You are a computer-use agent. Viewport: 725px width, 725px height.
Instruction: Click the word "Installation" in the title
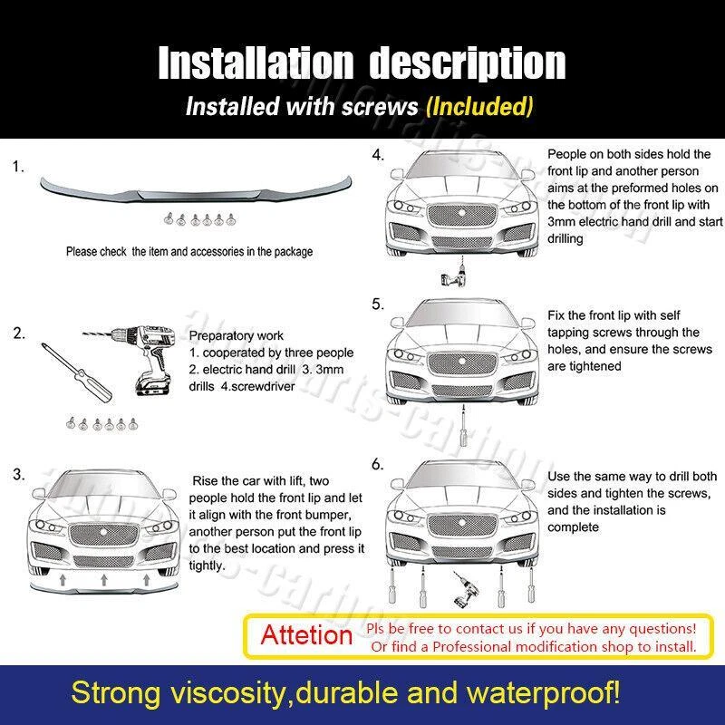[256, 63]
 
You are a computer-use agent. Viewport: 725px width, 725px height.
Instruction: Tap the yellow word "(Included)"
[479, 106]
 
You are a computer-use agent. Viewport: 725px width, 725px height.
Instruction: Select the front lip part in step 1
[196, 188]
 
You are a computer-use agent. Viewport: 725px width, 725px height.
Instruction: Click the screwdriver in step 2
[77, 372]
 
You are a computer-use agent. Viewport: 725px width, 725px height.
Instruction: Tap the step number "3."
[19, 475]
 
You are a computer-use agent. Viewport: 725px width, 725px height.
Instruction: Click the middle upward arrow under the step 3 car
[104, 579]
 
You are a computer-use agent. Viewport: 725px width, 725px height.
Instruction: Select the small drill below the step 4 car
[455, 273]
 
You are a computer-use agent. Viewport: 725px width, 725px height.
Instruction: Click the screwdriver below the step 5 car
[463, 425]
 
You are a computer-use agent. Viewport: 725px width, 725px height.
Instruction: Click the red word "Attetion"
[306, 635]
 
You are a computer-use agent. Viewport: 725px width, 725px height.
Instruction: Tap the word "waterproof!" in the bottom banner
[543, 693]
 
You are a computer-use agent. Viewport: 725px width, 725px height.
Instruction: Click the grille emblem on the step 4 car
[461, 212]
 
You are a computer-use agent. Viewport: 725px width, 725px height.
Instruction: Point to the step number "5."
[378, 304]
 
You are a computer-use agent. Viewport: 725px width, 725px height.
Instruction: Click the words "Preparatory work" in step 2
[237, 335]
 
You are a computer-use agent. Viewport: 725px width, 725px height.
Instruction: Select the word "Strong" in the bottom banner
[116, 694]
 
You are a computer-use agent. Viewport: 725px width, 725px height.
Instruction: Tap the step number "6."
[378, 464]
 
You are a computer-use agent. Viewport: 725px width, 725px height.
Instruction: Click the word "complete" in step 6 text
[573, 527]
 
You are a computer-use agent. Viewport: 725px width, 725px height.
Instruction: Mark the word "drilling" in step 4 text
[565, 239]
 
